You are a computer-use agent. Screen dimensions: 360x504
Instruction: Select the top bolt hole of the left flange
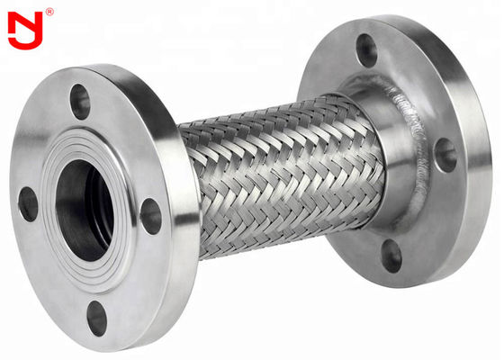tap(80, 101)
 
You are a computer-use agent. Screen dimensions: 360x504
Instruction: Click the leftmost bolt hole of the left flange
tap(28, 203)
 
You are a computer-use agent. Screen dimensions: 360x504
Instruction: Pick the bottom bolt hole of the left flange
tap(96, 318)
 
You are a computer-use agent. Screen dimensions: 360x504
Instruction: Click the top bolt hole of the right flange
tap(366, 49)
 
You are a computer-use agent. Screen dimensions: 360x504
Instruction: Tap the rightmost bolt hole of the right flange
tap(445, 154)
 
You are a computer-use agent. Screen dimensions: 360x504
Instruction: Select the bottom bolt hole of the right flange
tap(391, 255)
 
